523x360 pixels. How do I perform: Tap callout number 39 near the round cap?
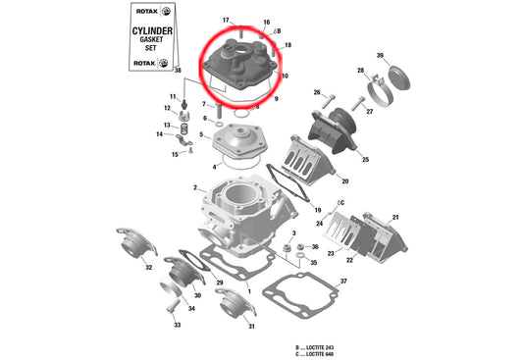coord(380,55)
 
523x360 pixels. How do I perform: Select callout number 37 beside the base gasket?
coord(343,282)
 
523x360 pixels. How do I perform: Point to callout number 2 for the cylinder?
coord(195,187)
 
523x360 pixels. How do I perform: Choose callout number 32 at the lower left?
coord(148,266)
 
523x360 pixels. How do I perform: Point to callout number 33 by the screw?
coord(178,325)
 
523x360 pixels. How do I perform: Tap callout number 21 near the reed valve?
coord(395,217)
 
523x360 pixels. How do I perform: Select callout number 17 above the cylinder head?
coord(226,21)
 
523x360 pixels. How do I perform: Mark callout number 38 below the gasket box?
coord(178,72)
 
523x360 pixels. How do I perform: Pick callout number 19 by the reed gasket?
coord(317,211)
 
